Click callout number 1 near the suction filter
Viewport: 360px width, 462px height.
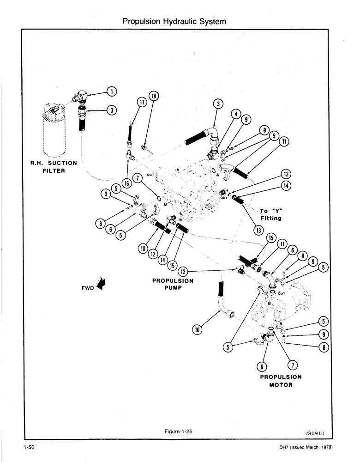[111, 91]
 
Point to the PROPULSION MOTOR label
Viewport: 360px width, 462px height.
[281, 381]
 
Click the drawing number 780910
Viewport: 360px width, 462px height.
[315, 433]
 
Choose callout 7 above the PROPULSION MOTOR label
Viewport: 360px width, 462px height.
[291, 365]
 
